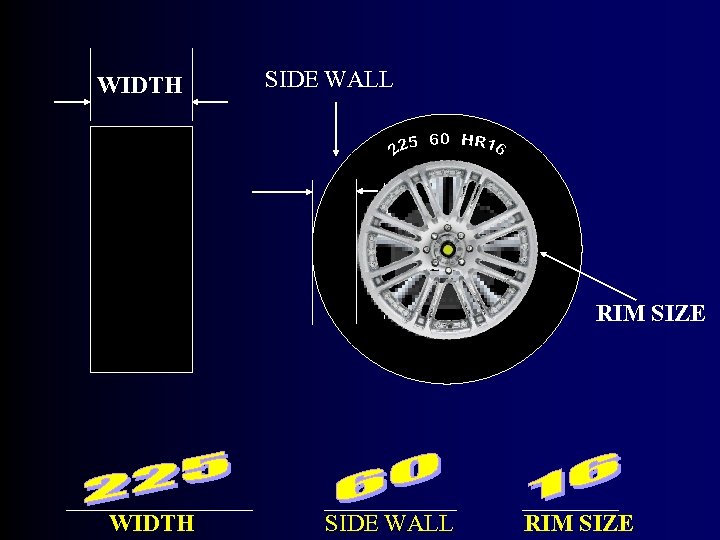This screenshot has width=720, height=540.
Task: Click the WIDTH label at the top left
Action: click(140, 85)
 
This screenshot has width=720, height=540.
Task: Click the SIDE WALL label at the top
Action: click(328, 79)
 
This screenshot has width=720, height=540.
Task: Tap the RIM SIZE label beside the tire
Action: click(650, 313)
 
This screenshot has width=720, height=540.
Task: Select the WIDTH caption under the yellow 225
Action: click(151, 522)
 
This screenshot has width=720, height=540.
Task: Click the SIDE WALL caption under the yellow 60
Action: click(389, 522)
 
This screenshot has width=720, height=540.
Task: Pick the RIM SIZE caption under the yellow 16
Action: click(579, 522)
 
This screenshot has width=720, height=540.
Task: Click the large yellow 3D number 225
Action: click(157, 478)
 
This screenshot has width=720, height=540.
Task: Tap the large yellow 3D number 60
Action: click(388, 477)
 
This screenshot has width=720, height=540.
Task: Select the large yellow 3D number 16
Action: click(573, 476)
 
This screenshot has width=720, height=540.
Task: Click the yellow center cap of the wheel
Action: click(447, 249)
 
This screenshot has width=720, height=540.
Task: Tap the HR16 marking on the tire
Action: click(484, 144)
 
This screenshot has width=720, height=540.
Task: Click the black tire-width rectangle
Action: click(141, 249)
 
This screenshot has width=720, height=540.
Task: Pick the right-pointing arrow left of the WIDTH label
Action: click(73, 101)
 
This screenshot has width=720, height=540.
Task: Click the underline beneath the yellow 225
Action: click(159, 510)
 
